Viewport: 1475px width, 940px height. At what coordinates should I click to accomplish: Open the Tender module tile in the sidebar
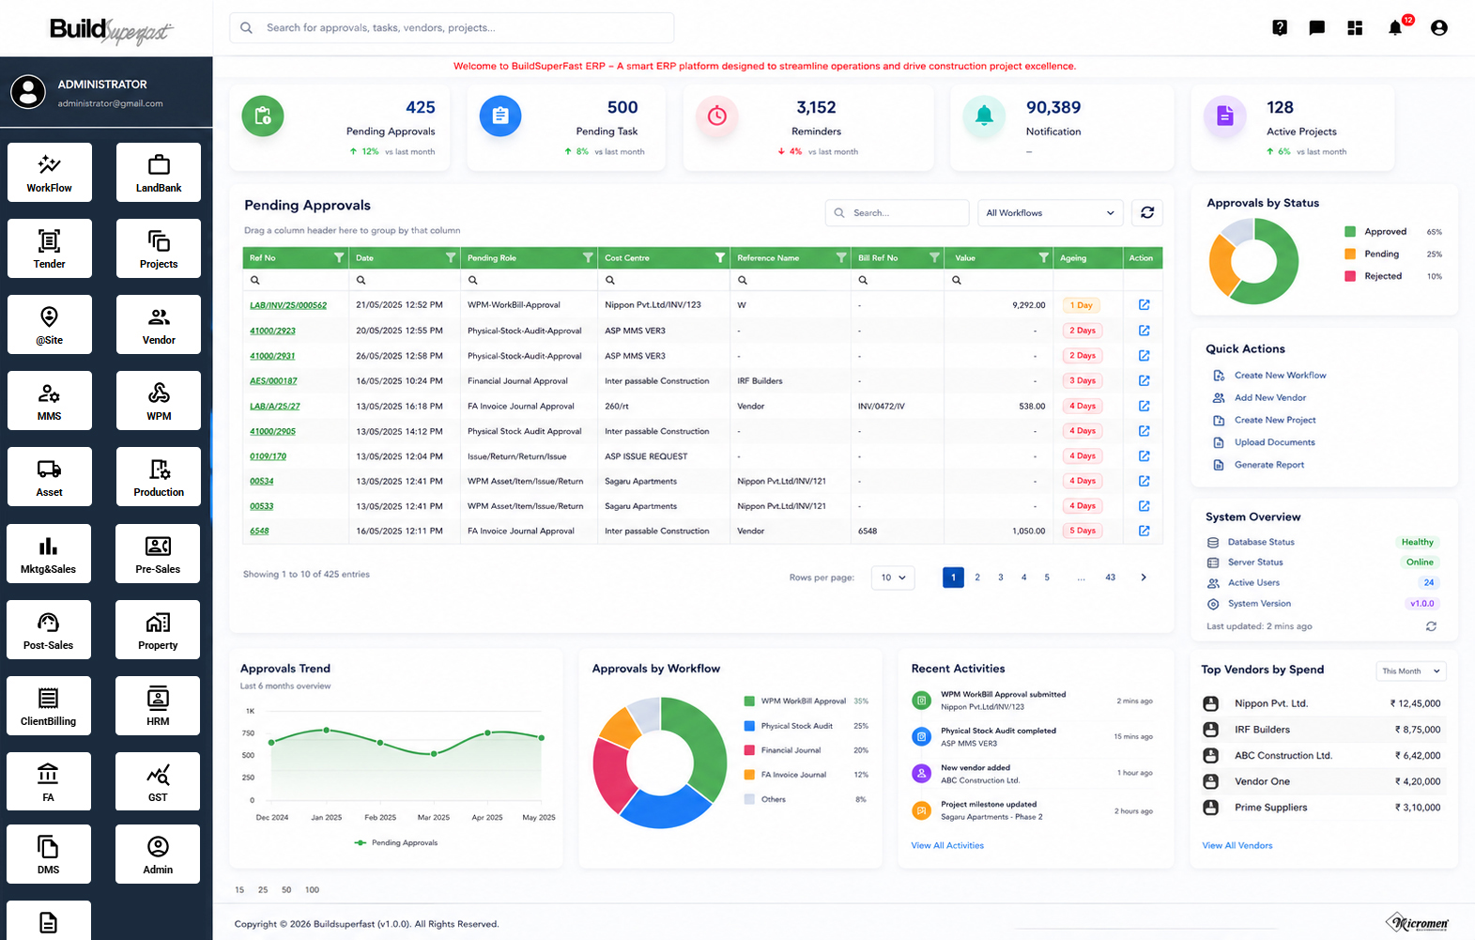click(x=50, y=248)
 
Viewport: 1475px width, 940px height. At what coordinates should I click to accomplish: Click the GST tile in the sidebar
click(x=158, y=781)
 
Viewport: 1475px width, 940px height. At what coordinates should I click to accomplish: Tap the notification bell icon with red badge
click(x=1395, y=27)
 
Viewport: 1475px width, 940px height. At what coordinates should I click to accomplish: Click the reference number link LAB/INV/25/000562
click(x=287, y=305)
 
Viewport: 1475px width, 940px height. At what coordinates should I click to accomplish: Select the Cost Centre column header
click(x=627, y=258)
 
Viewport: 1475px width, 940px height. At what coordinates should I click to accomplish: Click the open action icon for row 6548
click(x=1144, y=531)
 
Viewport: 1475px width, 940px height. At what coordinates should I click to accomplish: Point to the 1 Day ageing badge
click(x=1082, y=305)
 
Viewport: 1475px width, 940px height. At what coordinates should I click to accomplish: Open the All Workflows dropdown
click(x=1050, y=213)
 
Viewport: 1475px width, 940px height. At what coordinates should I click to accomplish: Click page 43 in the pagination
click(x=1110, y=578)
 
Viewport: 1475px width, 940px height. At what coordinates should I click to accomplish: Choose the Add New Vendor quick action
click(x=1269, y=398)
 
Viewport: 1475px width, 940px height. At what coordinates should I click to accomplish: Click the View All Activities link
click(x=947, y=845)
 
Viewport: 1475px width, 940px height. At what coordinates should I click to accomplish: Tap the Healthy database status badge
click(x=1417, y=542)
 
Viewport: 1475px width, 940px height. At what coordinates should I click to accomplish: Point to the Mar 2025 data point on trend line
click(x=434, y=753)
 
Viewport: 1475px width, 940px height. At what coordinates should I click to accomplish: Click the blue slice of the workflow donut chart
click(x=665, y=809)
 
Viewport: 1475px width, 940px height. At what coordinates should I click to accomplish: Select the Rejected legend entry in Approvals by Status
click(x=1382, y=276)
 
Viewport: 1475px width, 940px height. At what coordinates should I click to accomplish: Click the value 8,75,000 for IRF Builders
click(x=1417, y=730)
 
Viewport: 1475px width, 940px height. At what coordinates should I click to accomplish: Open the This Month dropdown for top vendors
click(x=1410, y=671)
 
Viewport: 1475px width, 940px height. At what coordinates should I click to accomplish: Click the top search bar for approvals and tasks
click(x=452, y=27)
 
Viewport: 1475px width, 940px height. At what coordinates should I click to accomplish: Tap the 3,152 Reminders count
click(x=816, y=107)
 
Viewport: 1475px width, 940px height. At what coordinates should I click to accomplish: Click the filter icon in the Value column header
click(x=1043, y=257)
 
